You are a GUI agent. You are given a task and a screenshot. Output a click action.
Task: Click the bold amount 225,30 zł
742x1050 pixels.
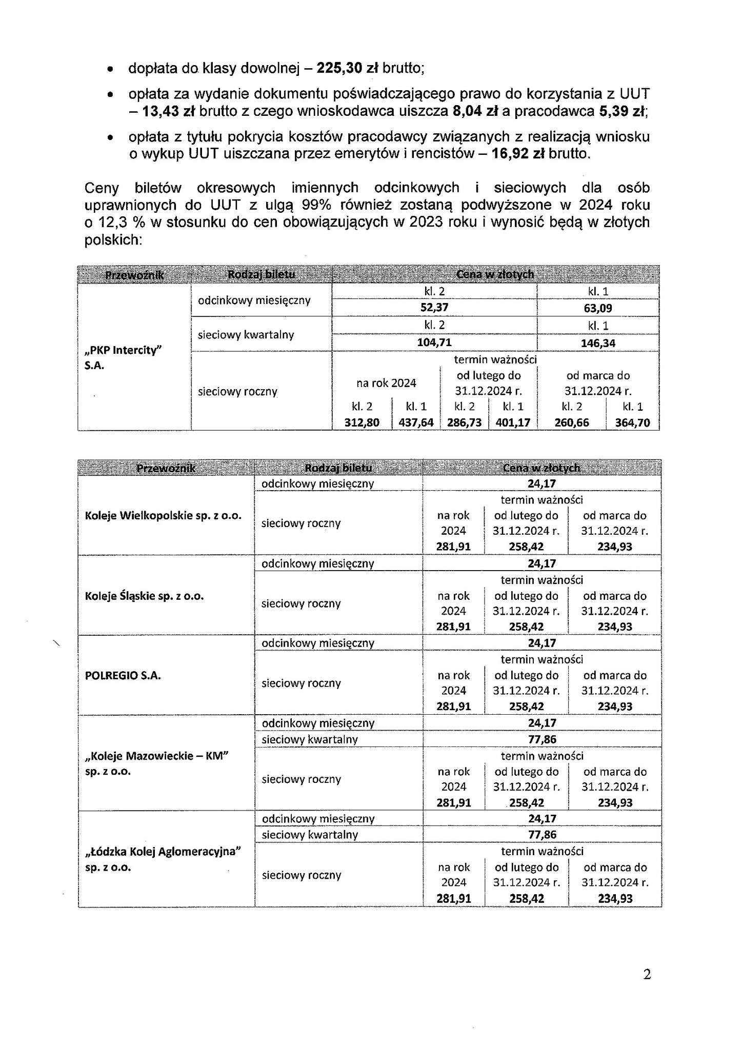click(347, 68)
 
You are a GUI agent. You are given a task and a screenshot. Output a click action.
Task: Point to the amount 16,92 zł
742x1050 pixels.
click(518, 154)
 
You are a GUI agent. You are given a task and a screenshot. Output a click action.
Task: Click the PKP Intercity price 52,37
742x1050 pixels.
click(434, 308)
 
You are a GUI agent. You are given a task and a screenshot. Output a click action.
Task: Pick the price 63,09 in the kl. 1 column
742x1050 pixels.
click(597, 308)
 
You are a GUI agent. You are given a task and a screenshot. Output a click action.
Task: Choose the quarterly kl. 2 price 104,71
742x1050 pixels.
click(434, 342)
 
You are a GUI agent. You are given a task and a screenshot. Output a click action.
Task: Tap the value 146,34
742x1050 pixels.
click(597, 343)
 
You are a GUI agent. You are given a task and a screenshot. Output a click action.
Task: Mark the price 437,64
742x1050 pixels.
click(416, 422)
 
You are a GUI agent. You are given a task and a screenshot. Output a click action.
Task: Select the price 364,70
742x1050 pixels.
click(632, 422)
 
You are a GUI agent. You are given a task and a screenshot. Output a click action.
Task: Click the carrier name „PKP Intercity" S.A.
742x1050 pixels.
click(123, 357)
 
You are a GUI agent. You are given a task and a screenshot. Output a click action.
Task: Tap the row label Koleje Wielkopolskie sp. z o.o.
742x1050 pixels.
click(163, 516)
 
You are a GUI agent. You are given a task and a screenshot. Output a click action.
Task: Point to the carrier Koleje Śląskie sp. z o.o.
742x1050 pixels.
click(144, 596)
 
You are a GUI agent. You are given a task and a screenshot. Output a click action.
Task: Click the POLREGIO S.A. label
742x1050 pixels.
click(123, 676)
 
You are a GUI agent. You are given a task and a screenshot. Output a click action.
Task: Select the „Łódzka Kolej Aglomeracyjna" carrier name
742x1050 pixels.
click(163, 852)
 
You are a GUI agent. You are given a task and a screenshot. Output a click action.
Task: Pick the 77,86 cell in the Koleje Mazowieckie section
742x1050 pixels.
click(542, 739)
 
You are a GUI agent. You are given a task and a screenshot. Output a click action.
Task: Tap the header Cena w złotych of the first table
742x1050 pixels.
click(495, 274)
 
